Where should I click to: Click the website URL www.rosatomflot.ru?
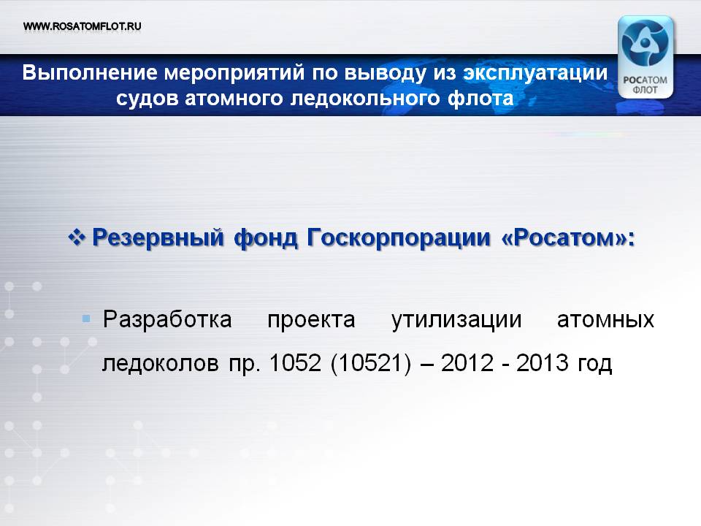click(x=83, y=26)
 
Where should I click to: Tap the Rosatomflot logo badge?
click(x=645, y=57)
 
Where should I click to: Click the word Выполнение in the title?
click(x=90, y=72)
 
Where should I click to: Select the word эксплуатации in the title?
click(x=535, y=73)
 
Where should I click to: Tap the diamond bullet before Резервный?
click(x=77, y=236)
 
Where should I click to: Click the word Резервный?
click(x=158, y=237)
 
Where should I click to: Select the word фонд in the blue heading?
click(x=266, y=237)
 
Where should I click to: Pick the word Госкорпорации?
click(x=399, y=237)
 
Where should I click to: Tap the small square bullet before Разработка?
click(x=86, y=319)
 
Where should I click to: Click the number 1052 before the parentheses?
click(x=295, y=363)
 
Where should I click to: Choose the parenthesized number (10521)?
click(x=371, y=363)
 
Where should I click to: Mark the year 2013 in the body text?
click(x=543, y=363)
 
